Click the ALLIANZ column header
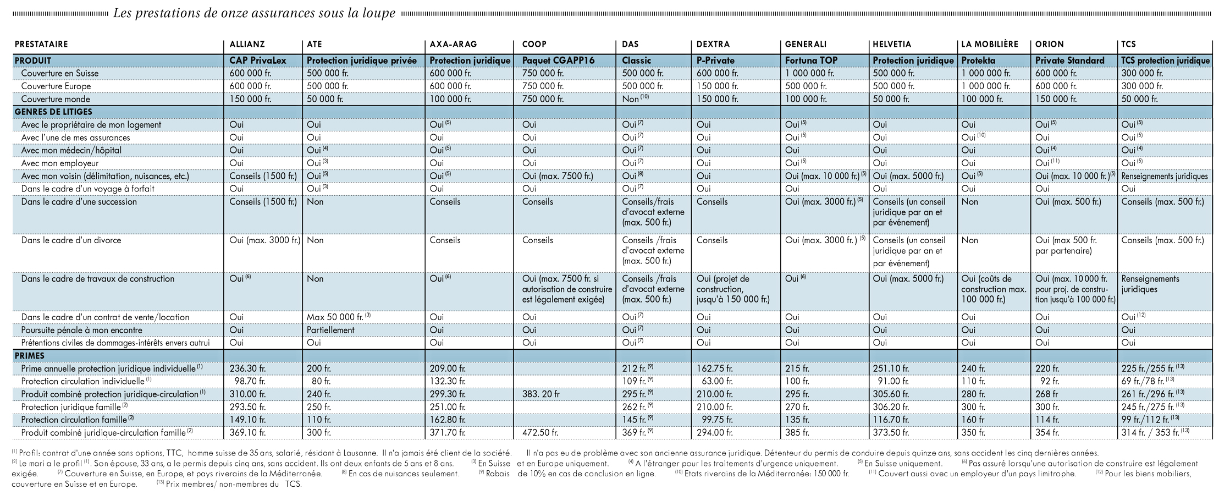point(247,44)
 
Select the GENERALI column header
point(806,44)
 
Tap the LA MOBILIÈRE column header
point(990,44)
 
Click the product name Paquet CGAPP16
point(556,61)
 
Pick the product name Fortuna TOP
point(812,61)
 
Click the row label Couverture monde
point(56,99)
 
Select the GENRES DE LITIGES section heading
point(53,112)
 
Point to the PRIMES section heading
point(30,356)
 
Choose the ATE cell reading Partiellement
point(330,330)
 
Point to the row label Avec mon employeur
point(60,163)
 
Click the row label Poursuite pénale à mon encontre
point(82,330)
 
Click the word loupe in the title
point(379,13)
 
